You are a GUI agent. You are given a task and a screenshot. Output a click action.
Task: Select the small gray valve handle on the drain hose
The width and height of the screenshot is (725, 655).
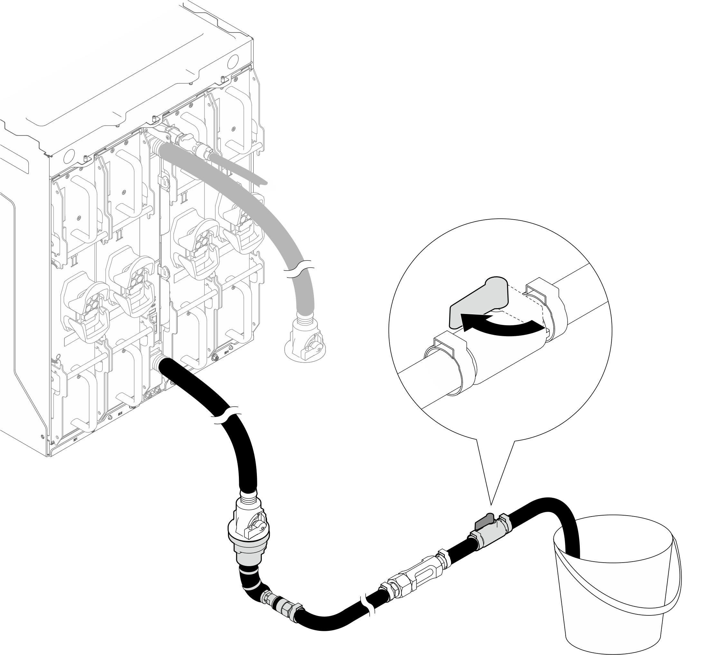click(x=484, y=521)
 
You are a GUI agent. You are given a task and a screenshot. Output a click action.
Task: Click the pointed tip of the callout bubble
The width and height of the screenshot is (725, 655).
click(x=491, y=504)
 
